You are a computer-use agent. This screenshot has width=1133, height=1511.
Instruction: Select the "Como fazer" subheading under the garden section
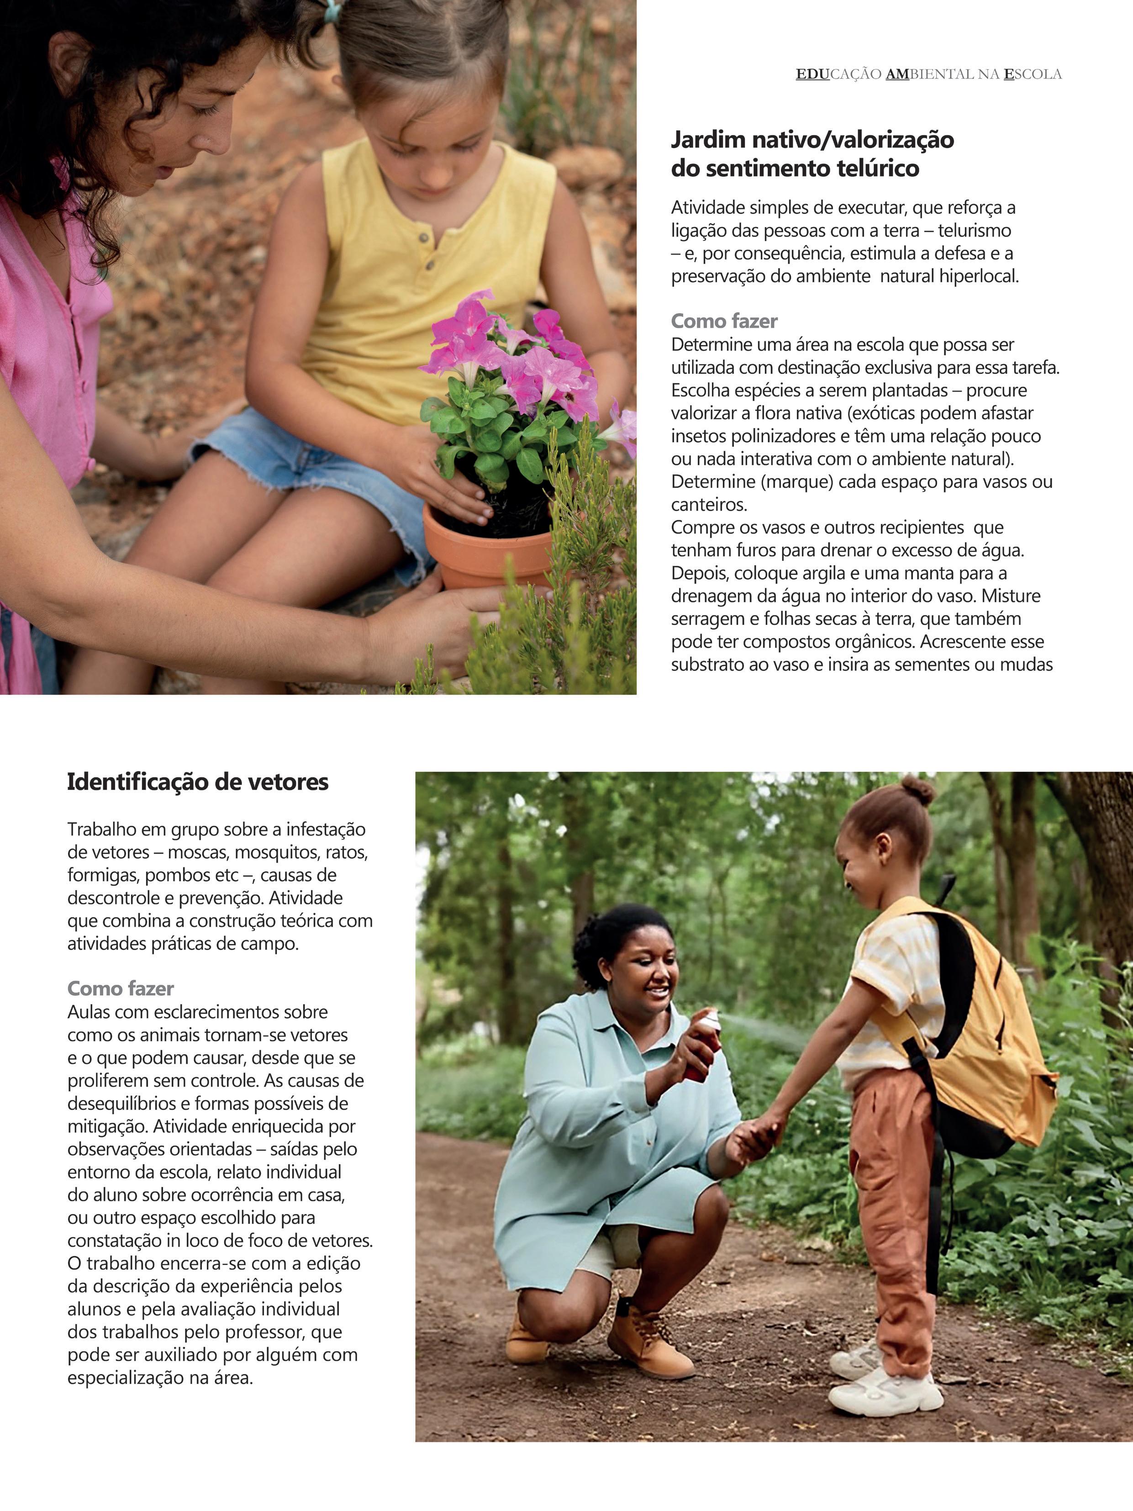(724, 321)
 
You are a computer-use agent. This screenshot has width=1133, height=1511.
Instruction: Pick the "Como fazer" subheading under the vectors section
(120, 988)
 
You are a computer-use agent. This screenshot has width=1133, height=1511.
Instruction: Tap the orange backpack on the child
(983, 1025)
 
